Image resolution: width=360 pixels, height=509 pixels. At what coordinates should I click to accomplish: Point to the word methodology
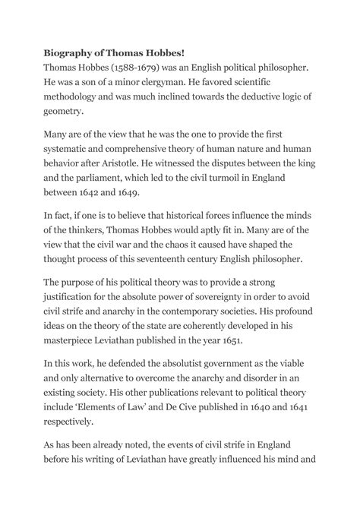click(71, 96)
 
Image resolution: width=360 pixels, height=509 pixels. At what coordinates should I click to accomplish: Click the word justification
click(71, 296)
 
